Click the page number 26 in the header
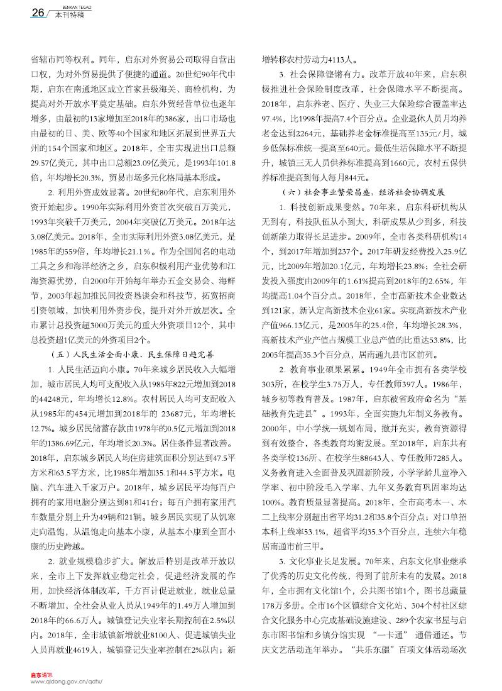click(x=21, y=13)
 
